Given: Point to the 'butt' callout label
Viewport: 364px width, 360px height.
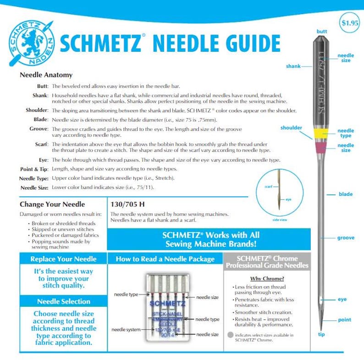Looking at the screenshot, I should (322, 31).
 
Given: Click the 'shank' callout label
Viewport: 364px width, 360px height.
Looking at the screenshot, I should (293, 66).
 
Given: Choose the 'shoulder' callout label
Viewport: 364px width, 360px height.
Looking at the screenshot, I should (291, 128).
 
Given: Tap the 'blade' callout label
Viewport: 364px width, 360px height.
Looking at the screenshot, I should (345, 194).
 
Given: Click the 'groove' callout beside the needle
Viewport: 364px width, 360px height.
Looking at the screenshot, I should (346, 238).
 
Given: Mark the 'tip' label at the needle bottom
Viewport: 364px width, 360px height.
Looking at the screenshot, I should (321, 334).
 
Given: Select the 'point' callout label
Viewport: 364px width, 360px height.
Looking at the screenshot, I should (344, 320).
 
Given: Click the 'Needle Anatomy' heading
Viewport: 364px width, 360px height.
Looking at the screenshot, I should (46, 75).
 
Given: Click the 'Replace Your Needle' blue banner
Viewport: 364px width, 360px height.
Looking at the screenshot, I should (63, 259).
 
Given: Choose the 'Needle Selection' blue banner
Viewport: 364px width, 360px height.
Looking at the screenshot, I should (63, 301).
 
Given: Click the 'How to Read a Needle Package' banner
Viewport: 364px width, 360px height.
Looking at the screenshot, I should (165, 259).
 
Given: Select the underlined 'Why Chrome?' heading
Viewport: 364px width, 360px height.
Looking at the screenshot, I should (267, 278).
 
